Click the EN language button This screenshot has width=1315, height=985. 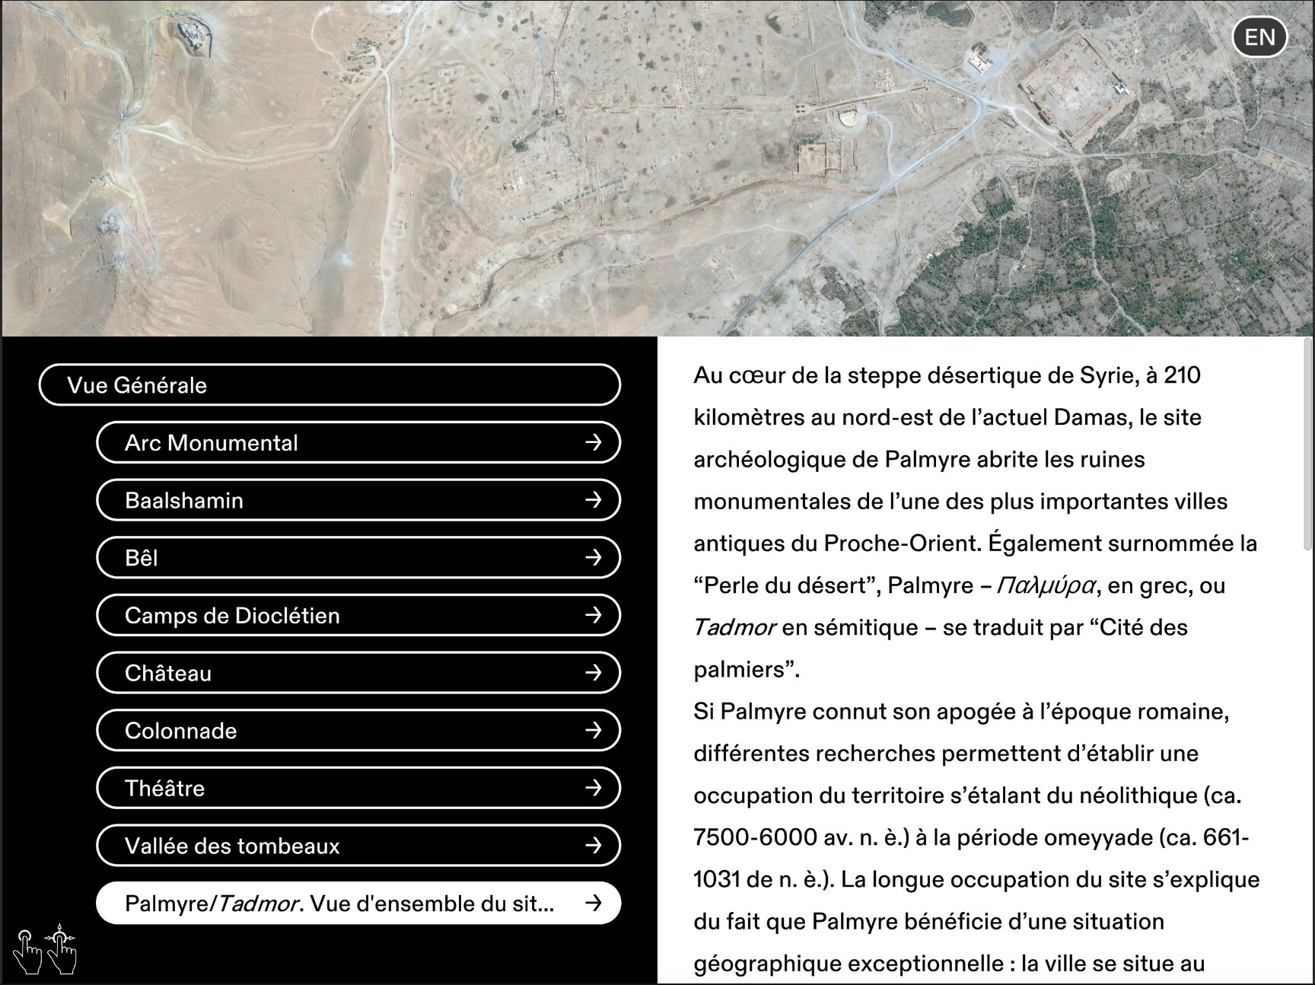pyautogui.click(x=1259, y=37)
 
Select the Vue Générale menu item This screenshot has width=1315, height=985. pyautogui.click(x=329, y=385)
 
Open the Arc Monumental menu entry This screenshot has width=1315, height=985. pyautogui.click(x=358, y=443)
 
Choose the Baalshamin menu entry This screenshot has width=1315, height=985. pyautogui.click(x=358, y=500)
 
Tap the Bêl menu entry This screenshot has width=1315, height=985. pyautogui.click(x=358, y=558)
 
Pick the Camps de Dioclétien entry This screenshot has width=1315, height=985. pyautogui.click(x=358, y=615)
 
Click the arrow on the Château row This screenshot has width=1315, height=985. pyautogui.click(x=594, y=673)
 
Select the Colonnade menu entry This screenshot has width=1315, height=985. pyautogui.click(x=358, y=731)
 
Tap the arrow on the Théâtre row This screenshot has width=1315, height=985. pyautogui.click(x=594, y=788)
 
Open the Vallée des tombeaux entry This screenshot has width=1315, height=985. pyautogui.click(x=358, y=846)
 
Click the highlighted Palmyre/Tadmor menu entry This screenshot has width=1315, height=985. pyautogui.click(x=358, y=904)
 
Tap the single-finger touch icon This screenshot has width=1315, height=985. pyautogui.click(x=28, y=951)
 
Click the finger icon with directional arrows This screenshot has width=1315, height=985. pyautogui.click(x=62, y=949)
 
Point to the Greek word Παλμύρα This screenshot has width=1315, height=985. pyautogui.click(x=1046, y=586)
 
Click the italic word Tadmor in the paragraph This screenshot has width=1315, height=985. pyautogui.click(x=734, y=628)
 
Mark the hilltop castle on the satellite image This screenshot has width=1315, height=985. pyautogui.click(x=193, y=36)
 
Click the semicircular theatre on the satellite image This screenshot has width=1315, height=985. pyautogui.click(x=849, y=120)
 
